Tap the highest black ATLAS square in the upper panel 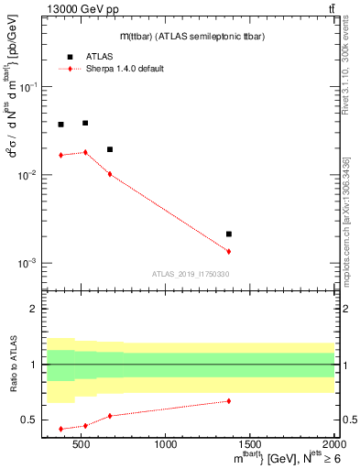pos(85,123)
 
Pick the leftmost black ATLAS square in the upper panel pos(60,125)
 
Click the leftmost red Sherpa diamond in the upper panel pos(60,155)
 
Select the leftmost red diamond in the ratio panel pos(60,429)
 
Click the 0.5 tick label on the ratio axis pos(29,420)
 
